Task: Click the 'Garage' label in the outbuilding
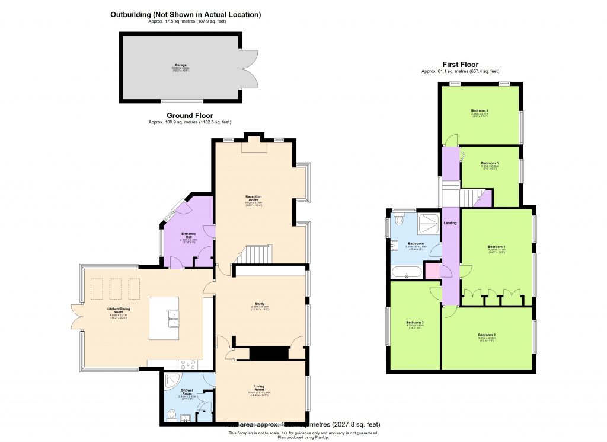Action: click(180, 65)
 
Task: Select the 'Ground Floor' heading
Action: click(190, 116)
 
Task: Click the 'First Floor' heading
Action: click(460, 65)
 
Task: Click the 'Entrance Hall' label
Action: click(188, 236)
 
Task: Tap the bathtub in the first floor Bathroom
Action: click(407, 273)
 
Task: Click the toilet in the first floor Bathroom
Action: click(399, 220)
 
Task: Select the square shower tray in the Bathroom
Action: click(427, 224)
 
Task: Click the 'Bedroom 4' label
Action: click(480, 111)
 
